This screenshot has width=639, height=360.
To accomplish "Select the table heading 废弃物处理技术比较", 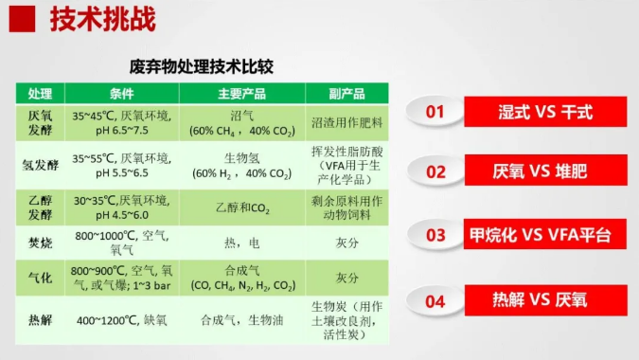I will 202,67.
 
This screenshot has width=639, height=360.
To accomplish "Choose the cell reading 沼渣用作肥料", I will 346,123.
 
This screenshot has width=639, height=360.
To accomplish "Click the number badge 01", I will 435,112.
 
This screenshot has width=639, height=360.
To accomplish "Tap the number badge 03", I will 435,235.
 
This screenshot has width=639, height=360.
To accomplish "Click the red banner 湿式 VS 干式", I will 544,112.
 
